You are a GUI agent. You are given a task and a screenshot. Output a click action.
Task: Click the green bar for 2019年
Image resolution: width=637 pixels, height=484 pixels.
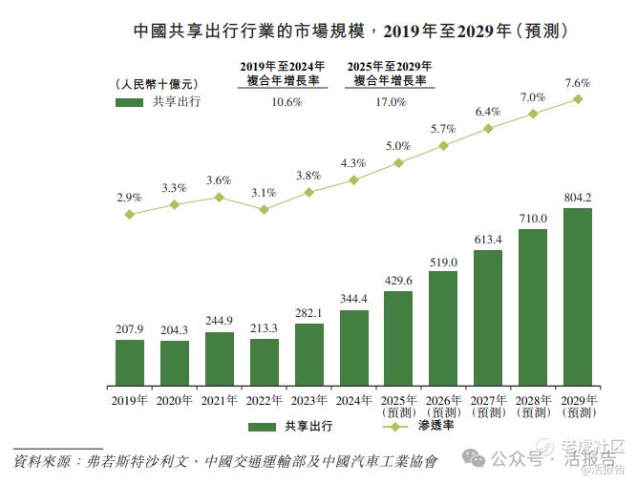point(130,361)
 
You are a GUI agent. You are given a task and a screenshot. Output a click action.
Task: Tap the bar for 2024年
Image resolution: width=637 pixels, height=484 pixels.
point(353,347)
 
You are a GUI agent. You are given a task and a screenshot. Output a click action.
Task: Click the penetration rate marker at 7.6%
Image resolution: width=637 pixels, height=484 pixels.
point(577,98)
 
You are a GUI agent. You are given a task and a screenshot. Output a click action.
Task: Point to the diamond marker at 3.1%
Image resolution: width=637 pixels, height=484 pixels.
point(264,209)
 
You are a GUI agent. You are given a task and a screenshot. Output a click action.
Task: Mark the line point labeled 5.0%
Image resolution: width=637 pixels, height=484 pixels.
point(398,162)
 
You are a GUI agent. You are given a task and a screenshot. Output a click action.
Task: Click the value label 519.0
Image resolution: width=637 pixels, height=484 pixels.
point(443,262)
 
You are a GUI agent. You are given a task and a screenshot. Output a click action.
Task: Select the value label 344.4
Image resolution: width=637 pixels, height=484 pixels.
point(353,300)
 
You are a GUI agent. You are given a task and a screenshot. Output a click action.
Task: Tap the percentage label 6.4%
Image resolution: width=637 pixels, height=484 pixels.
point(488,112)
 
